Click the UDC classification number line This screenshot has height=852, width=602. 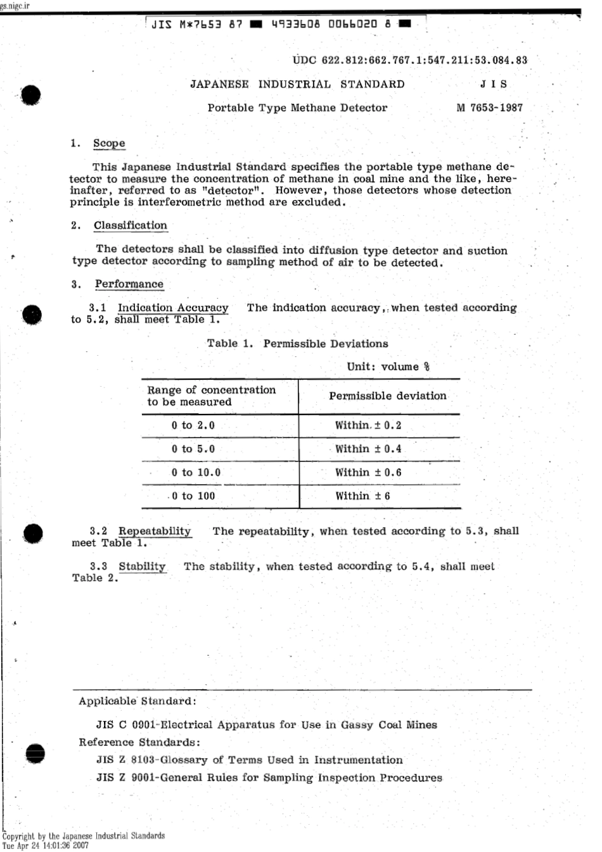click(x=410, y=61)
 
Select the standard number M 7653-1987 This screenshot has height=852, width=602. click(x=489, y=108)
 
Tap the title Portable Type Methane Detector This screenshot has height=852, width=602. click(x=297, y=108)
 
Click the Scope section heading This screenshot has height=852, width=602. click(x=109, y=144)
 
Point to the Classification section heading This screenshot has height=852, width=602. click(x=131, y=226)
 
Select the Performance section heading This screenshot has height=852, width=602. click(x=129, y=284)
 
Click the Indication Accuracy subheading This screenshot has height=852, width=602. click(x=172, y=308)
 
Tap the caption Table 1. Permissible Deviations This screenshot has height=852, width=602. click(x=297, y=344)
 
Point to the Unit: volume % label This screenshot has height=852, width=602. click(x=388, y=367)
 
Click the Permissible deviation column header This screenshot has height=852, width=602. click(x=387, y=396)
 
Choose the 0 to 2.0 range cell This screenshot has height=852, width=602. click(x=193, y=425)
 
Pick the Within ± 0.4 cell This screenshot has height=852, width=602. click(x=368, y=449)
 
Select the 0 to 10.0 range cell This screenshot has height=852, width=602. click(x=196, y=473)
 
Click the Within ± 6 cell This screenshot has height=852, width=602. click(x=362, y=496)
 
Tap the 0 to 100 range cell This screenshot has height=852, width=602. click(x=193, y=496)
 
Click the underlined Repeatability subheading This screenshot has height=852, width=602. click(x=155, y=531)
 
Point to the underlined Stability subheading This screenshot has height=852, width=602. click(x=142, y=567)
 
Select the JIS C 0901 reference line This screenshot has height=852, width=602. click(x=266, y=725)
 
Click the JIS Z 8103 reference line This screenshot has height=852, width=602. click(x=249, y=760)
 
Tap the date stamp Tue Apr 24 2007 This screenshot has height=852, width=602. click(x=46, y=845)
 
